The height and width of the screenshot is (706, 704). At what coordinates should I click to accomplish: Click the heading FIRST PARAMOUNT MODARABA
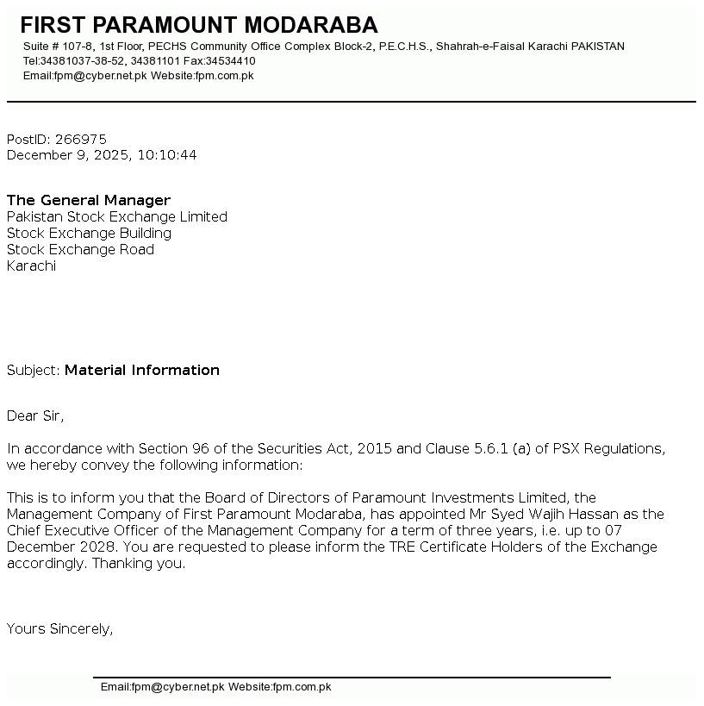click(198, 25)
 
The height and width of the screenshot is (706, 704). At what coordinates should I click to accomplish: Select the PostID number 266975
click(80, 140)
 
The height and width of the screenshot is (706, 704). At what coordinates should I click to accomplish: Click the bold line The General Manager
click(89, 201)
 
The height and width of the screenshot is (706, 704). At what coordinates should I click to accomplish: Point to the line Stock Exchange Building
click(89, 234)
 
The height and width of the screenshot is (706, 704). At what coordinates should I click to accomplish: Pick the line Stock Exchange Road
click(80, 250)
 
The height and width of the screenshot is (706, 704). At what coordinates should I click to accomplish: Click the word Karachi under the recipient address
click(31, 266)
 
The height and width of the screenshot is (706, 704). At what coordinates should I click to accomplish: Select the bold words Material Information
click(142, 371)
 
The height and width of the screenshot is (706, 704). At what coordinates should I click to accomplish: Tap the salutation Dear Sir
click(35, 416)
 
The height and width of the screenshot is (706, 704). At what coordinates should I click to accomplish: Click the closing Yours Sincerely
click(59, 629)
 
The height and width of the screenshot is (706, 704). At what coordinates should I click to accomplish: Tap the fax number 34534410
click(231, 61)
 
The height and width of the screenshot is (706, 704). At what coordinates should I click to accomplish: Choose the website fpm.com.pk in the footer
click(302, 687)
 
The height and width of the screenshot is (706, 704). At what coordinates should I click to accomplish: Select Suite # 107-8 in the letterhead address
click(58, 47)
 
